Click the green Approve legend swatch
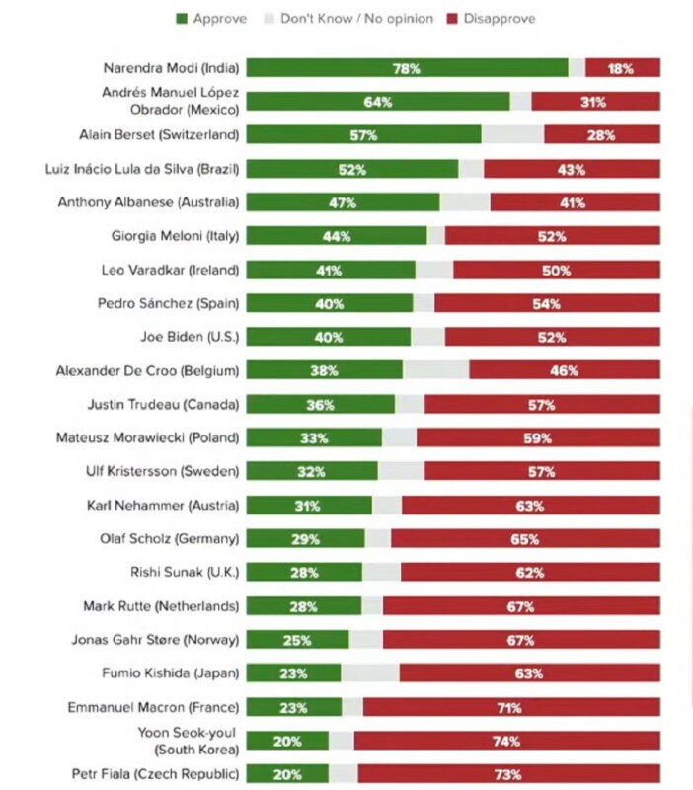pyautogui.click(x=181, y=19)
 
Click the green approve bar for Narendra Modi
pyautogui.click(x=407, y=68)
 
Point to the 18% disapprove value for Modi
pyautogui.click(x=621, y=68)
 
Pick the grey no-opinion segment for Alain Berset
pyautogui.click(x=512, y=135)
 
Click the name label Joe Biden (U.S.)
pyautogui.click(x=190, y=337)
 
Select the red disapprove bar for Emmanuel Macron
pyautogui.click(x=511, y=707)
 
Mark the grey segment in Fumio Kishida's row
pyautogui.click(x=370, y=673)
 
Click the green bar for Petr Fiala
pyautogui.click(x=287, y=774)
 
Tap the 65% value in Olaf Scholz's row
pyautogui.click(x=525, y=539)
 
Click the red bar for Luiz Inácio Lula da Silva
pyautogui.click(x=572, y=169)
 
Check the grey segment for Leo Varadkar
pyautogui.click(x=434, y=270)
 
